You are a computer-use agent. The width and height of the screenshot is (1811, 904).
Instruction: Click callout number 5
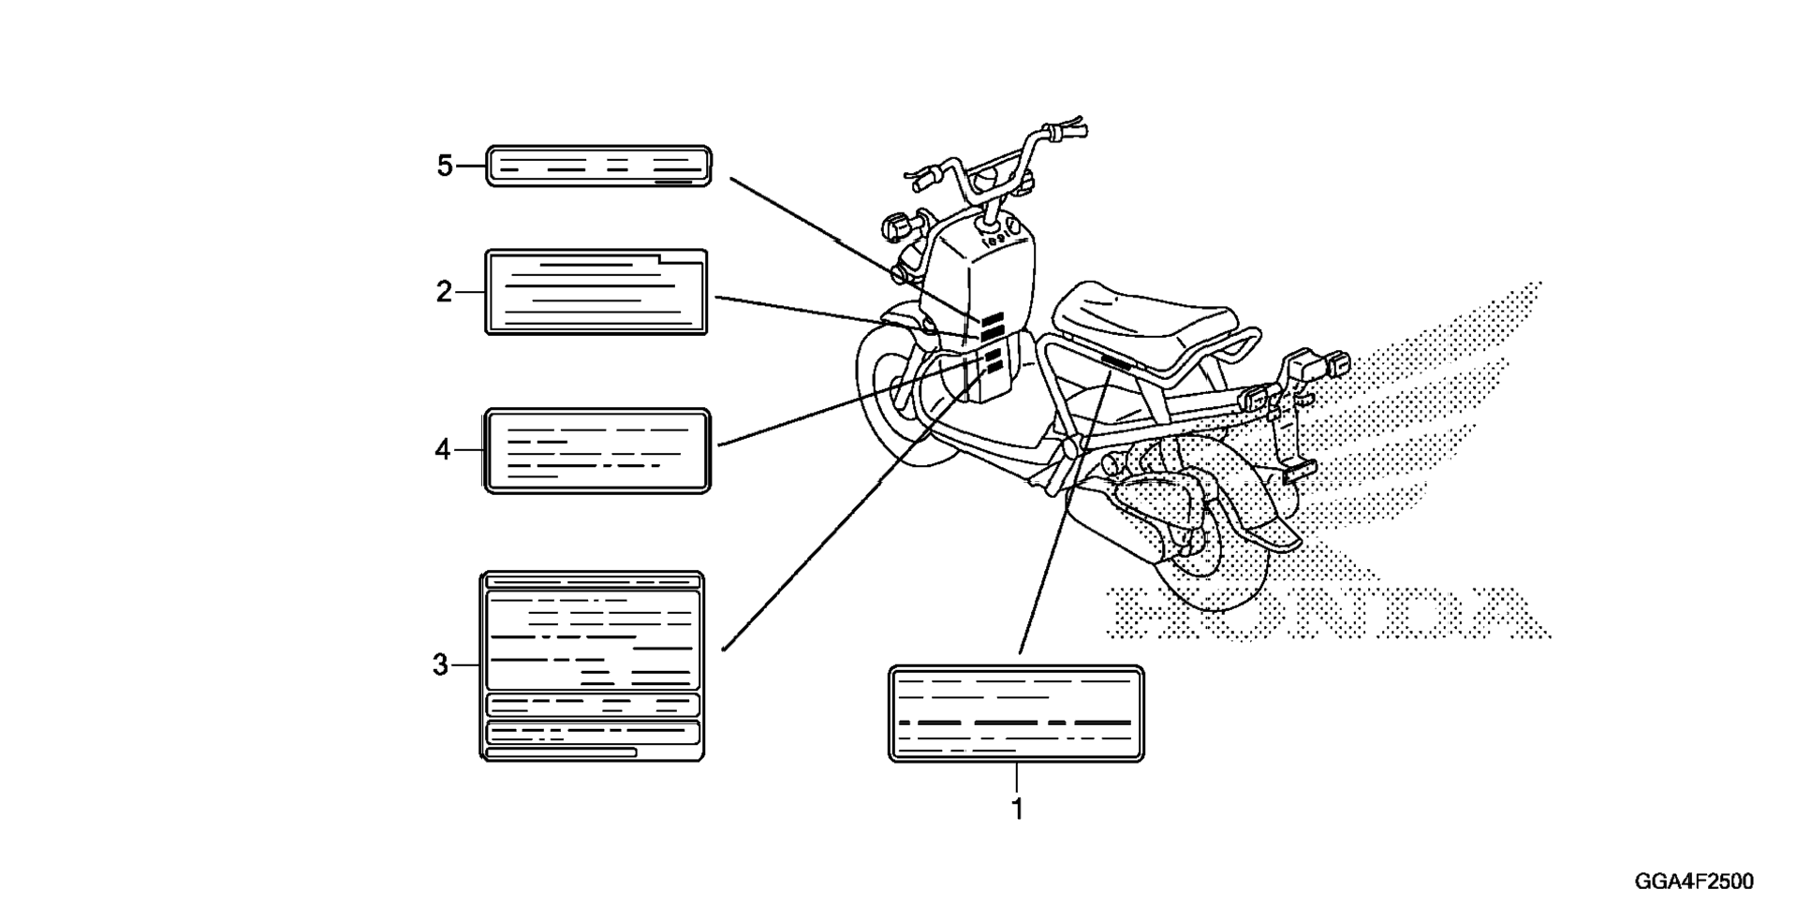point(445,167)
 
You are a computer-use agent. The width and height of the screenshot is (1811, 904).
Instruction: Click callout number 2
point(444,292)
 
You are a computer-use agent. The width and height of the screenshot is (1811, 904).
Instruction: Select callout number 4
point(443,450)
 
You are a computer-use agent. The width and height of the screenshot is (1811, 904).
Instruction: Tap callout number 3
point(441,665)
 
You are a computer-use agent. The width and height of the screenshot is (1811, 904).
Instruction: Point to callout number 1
point(1017,809)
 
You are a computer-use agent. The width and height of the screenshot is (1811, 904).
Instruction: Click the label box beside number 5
point(598,167)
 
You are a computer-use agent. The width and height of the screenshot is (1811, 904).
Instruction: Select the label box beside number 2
point(596,292)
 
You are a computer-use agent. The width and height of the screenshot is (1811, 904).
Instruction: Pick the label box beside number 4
point(596,450)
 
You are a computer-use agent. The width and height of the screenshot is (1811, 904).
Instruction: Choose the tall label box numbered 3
point(592,665)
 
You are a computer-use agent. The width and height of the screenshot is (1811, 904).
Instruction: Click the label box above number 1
point(1016,714)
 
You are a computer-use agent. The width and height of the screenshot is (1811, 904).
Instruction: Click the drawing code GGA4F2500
point(1694,882)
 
